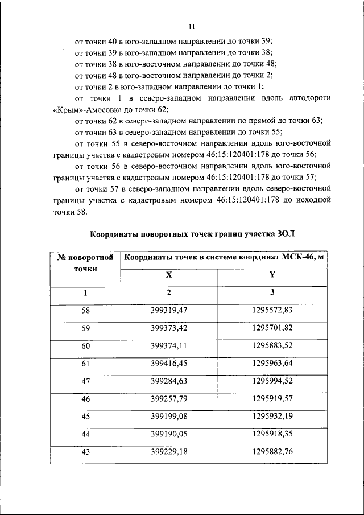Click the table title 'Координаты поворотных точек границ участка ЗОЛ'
(193, 234)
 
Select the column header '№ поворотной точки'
(86, 263)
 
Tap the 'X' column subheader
(168, 274)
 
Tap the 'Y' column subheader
(272, 274)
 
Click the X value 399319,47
(169, 311)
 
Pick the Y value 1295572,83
(272, 311)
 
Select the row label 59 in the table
(86, 328)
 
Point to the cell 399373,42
(169, 328)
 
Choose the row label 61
(86, 364)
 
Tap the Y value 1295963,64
(272, 364)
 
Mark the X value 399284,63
(169, 381)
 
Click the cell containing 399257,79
(169, 399)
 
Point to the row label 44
(86, 434)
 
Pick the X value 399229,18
(169, 452)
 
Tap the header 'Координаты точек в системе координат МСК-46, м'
(224, 257)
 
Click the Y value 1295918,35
(272, 434)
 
